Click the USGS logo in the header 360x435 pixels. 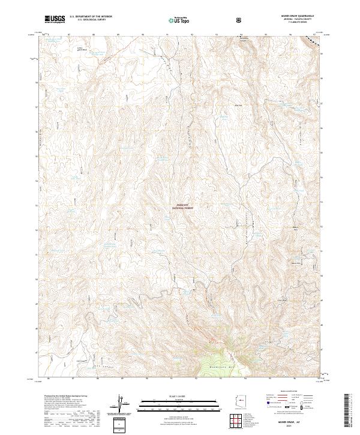[55, 19]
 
